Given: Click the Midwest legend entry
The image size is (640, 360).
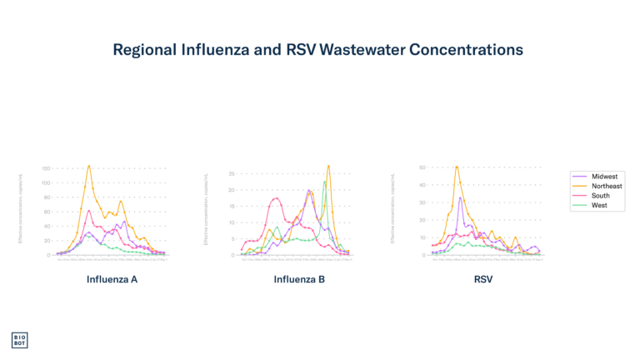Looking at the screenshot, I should tap(603, 177).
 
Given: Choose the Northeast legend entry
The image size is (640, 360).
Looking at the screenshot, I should tap(606, 186).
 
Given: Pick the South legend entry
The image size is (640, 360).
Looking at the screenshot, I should tap(600, 196).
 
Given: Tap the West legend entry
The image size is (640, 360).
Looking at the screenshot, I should tap(599, 205).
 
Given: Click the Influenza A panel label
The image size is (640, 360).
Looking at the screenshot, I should tap(112, 279).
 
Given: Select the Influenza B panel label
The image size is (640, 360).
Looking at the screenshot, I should tap(299, 279).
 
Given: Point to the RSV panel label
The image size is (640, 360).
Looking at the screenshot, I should tap(483, 279).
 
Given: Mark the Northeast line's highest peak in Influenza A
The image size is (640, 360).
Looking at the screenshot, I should tap(89, 166).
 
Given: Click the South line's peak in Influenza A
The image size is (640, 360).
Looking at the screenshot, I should tap(89, 210).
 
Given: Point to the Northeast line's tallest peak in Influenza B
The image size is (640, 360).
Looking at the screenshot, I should tap(329, 165).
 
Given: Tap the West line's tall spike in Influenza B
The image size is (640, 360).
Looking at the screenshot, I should tap(324, 182).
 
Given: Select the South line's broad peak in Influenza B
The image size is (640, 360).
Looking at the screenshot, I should tap(276, 198).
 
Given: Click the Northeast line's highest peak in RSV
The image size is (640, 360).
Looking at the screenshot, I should tap(457, 167).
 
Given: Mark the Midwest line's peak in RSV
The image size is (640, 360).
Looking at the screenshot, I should tap(460, 198).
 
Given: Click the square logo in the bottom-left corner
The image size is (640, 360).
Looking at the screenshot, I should tap(19, 340).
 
